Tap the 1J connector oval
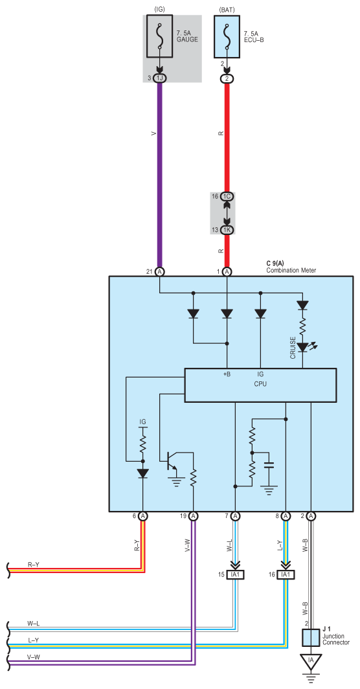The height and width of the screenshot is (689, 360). pyautogui.click(x=159, y=78)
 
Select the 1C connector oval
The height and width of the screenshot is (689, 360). pyautogui.click(x=227, y=196)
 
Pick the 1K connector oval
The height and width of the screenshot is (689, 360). pyautogui.click(x=227, y=230)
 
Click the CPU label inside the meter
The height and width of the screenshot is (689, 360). pyautogui.click(x=260, y=383)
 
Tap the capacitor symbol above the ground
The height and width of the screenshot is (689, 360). pyautogui.click(x=269, y=465)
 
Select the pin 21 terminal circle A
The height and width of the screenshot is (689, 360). pyautogui.click(x=159, y=272)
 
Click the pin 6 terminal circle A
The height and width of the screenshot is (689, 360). pyautogui.click(x=143, y=516)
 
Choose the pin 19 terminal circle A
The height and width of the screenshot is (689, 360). pyautogui.click(x=194, y=516)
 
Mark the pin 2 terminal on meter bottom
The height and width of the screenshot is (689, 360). pyautogui.click(x=311, y=516)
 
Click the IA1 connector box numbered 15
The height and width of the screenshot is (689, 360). pyautogui.click(x=235, y=574)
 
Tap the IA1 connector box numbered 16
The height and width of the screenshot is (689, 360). pyautogui.click(x=286, y=574)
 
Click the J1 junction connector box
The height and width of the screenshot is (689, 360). pyautogui.click(x=311, y=638)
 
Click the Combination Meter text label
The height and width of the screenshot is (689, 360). pyautogui.click(x=291, y=270)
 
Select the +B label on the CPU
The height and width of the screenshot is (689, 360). pyautogui.click(x=227, y=374)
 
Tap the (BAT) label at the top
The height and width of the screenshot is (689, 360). pyautogui.click(x=227, y=10)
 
